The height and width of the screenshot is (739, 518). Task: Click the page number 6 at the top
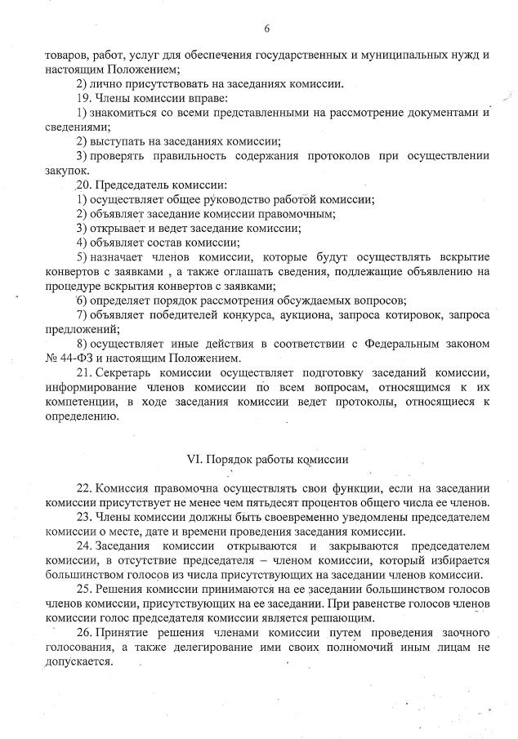coord(266,29)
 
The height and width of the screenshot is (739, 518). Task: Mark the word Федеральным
coord(386,343)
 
